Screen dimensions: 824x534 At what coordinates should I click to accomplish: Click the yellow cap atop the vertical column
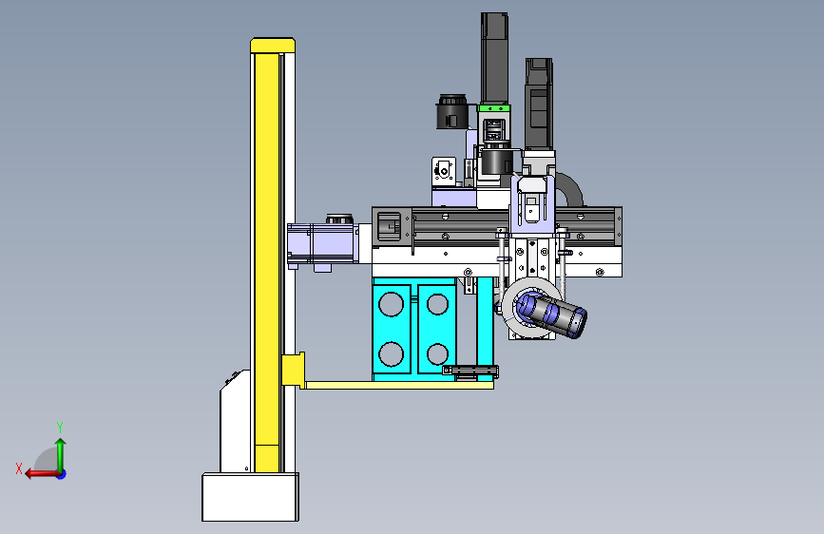coord(273,46)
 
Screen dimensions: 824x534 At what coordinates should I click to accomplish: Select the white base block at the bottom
coord(251,497)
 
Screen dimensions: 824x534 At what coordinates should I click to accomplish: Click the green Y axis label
coord(60,427)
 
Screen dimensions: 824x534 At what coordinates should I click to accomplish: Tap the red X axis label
coord(19,468)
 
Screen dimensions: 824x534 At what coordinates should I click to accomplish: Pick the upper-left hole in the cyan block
coord(391,304)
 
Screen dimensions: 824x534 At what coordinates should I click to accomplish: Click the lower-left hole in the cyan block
coord(391,353)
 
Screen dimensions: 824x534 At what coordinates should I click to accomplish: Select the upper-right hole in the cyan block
coord(437,304)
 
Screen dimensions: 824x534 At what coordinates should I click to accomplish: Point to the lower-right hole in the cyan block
coord(437,353)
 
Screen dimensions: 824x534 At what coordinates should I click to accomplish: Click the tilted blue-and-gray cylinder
coord(552,315)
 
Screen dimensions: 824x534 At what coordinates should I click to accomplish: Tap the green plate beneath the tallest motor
coord(494,108)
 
